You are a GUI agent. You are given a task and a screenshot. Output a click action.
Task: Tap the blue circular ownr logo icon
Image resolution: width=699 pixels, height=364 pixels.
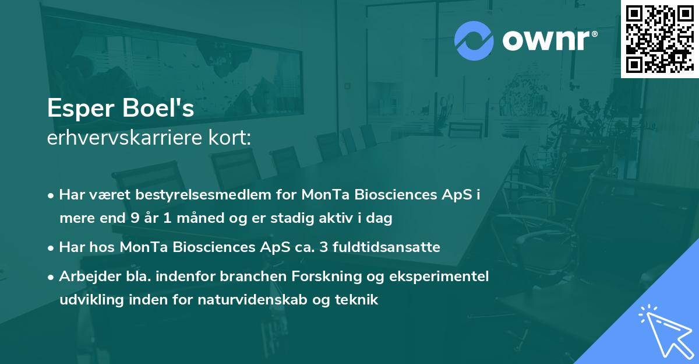tap(474, 40)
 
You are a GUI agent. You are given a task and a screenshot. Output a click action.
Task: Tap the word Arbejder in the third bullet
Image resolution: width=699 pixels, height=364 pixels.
tap(85, 276)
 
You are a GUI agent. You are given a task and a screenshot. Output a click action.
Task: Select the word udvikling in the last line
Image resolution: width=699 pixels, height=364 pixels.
tap(89, 300)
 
